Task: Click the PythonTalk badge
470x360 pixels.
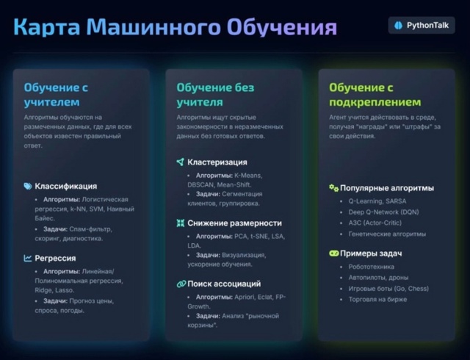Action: (422, 25)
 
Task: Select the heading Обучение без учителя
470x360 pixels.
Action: (215, 95)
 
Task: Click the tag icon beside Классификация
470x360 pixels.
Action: (28, 186)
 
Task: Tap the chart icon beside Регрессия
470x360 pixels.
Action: (28, 258)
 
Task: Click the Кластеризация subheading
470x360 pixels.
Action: (217, 162)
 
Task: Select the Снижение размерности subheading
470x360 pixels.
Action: (234, 223)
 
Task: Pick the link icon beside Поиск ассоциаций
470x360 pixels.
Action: (181, 284)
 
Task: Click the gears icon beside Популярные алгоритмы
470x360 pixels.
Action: (333, 188)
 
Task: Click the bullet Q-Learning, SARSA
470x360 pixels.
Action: (377, 201)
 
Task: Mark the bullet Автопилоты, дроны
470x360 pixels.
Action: (379, 278)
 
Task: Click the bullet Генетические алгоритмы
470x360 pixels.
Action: (387, 234)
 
